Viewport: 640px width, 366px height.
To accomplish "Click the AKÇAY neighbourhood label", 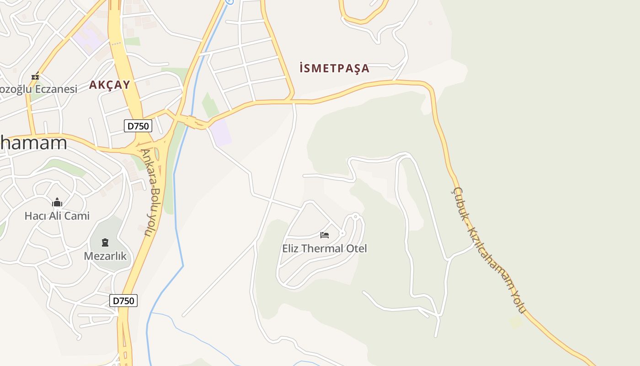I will point(110,85).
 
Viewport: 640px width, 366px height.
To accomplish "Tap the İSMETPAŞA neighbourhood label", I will point(334,69).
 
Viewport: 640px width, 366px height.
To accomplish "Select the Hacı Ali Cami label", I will point(57,215).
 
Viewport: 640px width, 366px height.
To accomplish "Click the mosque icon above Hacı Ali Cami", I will point(57,202).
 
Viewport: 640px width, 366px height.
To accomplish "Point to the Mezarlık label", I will point(105,256).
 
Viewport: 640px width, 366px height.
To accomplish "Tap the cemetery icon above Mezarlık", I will point(105,242).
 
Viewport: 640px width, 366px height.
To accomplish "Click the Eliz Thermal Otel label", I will point(325,248).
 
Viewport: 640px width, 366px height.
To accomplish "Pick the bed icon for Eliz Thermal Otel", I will point(325,235).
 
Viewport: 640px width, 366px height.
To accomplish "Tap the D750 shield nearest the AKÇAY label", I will point(138,126).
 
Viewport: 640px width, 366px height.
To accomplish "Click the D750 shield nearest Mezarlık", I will point(123,301).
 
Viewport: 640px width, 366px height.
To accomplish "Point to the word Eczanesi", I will point(55,89).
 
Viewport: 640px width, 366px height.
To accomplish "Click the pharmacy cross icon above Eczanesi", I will point(35,76).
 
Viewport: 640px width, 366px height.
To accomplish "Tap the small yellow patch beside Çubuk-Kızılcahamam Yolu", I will point(516,322).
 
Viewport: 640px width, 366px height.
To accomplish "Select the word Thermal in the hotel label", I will point(324,248).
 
